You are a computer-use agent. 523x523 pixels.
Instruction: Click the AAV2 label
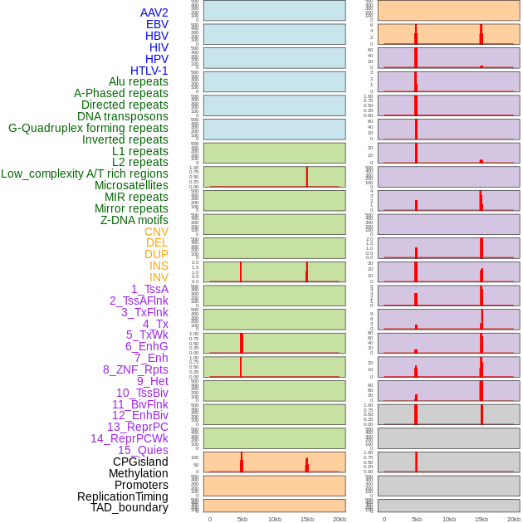pos(154,12)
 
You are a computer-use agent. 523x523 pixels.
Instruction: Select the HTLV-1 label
pos(149,71)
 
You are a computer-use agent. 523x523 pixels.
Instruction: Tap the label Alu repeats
pos(139,81)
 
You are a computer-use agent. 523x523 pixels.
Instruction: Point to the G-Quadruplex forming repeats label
pos(88,128)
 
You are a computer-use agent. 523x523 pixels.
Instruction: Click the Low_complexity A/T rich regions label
pos(85,174)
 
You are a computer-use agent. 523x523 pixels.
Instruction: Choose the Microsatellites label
pos(131,185)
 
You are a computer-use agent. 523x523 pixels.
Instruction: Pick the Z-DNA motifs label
pos(134,220)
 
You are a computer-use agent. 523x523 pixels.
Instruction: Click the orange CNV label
pos(156,232)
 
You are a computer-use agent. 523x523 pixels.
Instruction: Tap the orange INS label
pos(159,266)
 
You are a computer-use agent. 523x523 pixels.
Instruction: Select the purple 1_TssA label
pos(149,289)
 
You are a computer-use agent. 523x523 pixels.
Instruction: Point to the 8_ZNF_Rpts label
pos(135,369)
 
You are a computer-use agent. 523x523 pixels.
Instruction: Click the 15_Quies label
pos(143,450)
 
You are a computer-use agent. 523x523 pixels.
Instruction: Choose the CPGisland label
pos(140,462)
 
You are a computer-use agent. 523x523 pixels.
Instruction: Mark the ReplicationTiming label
pos(122,496)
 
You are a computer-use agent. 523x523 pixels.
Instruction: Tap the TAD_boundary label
pos(130,507)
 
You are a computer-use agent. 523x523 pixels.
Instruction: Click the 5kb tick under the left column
pos(242,519)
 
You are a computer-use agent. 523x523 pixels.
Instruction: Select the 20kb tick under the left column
pos(340,519)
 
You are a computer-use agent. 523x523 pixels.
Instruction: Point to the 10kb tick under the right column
pos(449,519)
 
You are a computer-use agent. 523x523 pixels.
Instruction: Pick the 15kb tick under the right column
pos(481,519)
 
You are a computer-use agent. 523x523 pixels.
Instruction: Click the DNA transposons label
pos(123,116)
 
